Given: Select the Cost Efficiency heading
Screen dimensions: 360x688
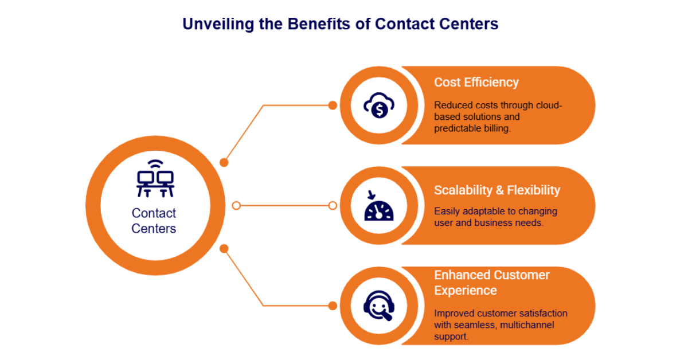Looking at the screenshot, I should point(476,82).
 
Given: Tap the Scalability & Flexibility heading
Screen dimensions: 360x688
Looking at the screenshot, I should point(497,190).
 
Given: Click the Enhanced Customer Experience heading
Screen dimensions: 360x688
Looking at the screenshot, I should point(491,283).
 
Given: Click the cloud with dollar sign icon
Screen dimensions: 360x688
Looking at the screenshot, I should point(378,105).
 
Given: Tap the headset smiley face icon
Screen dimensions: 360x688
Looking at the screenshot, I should point(378,306).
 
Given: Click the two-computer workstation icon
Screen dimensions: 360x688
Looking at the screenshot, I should point(155,179).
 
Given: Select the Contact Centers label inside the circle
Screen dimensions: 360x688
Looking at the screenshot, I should point(154,221).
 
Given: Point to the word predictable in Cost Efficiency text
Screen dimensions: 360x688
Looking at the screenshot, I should point(457,128).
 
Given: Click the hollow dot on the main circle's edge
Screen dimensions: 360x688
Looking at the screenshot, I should point(236,205).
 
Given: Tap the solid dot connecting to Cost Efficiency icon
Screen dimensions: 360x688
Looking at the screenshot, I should point(332,105).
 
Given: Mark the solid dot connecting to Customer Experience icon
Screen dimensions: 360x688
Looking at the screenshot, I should point(332,306).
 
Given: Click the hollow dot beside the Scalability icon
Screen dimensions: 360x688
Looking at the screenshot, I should point(332,205).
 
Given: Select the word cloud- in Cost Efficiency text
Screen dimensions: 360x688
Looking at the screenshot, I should point(550,105).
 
